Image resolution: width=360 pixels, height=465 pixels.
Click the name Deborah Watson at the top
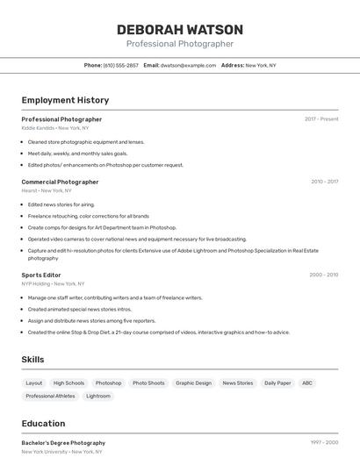point(180,30)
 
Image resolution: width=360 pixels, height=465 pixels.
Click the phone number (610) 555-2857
point(120,65)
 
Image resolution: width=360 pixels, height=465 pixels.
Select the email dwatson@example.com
point(187,65)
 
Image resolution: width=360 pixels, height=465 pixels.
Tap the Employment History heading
point(65,100)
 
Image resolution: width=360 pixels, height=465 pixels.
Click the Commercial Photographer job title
point(60,182)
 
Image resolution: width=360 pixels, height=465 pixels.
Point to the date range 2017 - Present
point(321,118)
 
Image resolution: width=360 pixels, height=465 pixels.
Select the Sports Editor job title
point(41,275)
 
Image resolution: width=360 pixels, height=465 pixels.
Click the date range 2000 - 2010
point(324,275)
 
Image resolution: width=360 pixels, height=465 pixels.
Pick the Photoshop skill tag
point(108,383)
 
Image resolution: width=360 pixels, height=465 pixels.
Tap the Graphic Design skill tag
point(193,383)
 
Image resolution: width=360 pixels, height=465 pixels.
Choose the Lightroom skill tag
point(98,396)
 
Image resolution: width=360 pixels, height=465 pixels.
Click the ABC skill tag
point(306,383)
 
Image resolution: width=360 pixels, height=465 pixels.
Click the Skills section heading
point(33,360)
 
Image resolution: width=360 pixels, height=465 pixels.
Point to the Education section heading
point(43,424)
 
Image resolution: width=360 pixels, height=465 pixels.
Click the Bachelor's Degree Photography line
point(63,443)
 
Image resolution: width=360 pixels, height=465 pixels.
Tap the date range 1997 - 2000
point(324,443)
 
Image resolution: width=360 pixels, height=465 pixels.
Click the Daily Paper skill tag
point(277,383)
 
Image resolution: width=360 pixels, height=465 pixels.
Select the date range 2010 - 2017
point(324,182)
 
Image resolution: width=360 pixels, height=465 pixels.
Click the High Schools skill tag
point(68,383)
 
